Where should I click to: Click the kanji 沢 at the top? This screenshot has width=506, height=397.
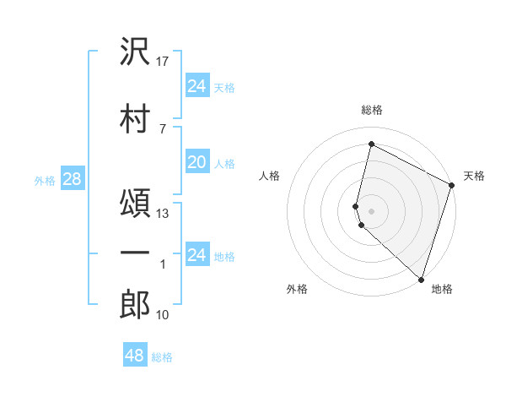(x=135, y=52)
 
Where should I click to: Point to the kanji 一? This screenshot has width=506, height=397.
(x=135, y=255)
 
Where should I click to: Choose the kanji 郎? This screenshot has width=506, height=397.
(x=135, y=305)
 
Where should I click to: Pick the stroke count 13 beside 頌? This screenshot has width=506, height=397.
(x=164, y=214)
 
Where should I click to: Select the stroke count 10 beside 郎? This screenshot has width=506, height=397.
(x=164, y=315)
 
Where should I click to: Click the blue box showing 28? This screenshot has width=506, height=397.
(x=72, y=178)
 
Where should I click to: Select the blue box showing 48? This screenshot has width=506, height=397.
(x=135, y=356)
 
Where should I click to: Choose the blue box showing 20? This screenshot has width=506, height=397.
(x=197, y=162)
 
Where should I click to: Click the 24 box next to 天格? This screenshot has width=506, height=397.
(x=197, y=86)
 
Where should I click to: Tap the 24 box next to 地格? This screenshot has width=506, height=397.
(x=197, y=254)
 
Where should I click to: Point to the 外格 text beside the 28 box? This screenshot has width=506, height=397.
(x=44, y=180)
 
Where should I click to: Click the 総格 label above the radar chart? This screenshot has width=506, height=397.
(x=372, y=110)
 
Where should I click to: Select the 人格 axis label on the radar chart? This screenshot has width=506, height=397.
(x=269, y=176)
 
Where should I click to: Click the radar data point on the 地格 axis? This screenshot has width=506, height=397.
(x=421, y=279)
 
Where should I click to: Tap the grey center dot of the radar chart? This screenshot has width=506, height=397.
(x=372, y=209)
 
